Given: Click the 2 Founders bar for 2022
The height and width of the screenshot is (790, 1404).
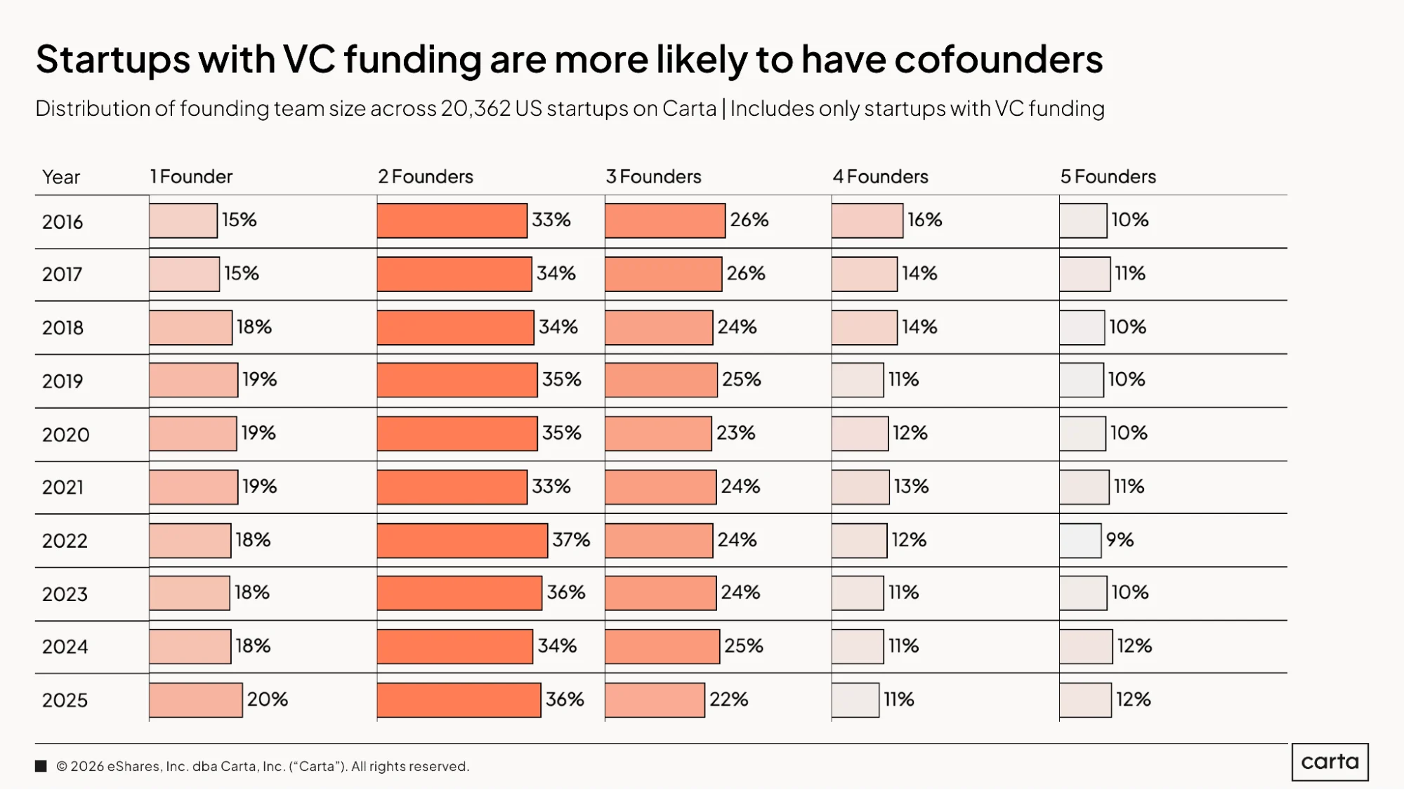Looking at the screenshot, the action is (x=462, y=541).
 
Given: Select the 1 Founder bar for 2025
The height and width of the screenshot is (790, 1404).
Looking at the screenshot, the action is (x=196, y=700).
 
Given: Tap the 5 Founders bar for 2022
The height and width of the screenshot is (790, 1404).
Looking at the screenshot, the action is (x=1080, y=541).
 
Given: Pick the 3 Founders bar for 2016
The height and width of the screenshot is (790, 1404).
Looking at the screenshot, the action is (x=665, y=220).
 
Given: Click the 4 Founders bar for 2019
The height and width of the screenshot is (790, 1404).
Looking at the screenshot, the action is (x=858, y=380).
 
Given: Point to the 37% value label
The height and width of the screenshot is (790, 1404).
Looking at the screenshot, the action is (x=571, y=540).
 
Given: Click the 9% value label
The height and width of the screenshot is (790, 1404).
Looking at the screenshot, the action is (x=1120, y=540).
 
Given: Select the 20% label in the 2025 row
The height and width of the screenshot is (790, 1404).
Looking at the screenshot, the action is (x=268, y=699).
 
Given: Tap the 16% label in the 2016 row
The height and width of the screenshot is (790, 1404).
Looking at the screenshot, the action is (x=925, y=220).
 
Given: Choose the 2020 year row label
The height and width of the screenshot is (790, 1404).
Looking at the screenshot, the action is (x=66, y=435).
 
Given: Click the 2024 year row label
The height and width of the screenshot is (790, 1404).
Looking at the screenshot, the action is (x=65, y=647).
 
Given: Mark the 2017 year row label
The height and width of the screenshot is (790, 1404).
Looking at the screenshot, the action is (x=63, y=274).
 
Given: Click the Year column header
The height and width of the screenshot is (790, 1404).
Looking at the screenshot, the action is (x=61, y=177).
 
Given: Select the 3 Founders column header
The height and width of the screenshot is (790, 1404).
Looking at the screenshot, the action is (x=654, y=176).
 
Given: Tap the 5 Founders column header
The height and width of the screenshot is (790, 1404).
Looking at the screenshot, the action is (x=1108, y=176).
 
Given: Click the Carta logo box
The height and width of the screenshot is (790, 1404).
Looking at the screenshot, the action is (x=1330, y=762).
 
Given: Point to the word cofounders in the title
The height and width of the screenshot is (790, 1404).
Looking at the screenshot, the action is (x=999, y=59).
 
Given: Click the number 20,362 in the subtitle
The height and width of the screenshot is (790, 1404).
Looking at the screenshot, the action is (x=475, y=109).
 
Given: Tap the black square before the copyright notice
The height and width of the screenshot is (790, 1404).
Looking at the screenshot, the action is (x=41, y=766).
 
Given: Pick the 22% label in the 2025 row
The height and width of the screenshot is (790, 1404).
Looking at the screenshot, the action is (x=729, y=699).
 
